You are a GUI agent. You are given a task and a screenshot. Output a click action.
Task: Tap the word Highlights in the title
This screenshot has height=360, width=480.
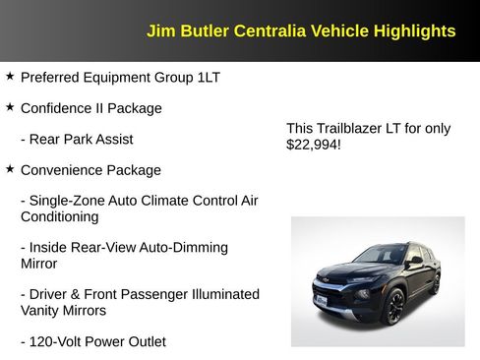(x=414, y=31)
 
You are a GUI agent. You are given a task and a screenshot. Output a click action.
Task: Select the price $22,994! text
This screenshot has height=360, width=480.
(x=313, y=145)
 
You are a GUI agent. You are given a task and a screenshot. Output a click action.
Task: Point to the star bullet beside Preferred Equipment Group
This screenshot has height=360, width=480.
(x=10, y=75)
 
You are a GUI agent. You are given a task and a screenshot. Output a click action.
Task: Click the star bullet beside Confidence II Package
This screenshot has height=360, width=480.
(x=10, y=106)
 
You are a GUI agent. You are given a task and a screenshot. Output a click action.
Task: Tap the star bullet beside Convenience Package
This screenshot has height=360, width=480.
(x=10, y=168)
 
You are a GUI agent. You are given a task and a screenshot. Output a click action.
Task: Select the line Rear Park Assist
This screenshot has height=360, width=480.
(x=77, y=139)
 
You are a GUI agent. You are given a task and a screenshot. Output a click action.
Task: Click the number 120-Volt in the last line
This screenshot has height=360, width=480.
(x=60, y=341)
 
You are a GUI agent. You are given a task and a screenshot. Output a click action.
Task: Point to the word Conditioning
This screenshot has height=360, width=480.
(x=59, y=216)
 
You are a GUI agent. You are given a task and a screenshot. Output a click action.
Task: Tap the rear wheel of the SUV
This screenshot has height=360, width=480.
(x=434, y=284)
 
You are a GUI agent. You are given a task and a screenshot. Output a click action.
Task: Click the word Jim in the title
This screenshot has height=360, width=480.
(x=158, y=31)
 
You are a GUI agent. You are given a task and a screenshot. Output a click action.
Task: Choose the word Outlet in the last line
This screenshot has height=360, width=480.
(x=144, y=341)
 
